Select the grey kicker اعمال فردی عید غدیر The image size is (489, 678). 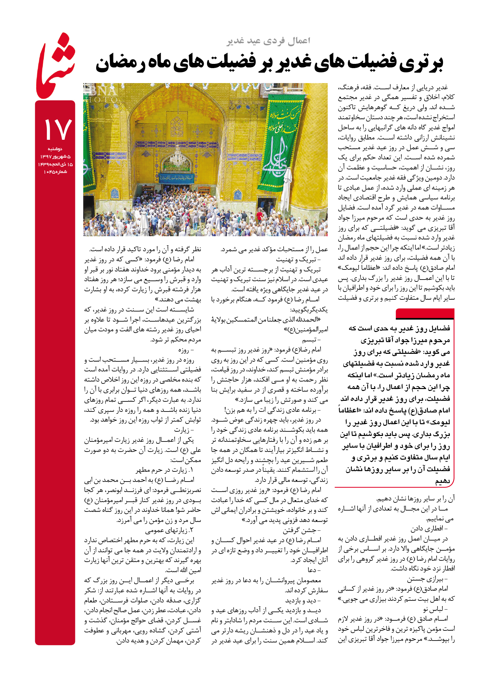tap(268, 41)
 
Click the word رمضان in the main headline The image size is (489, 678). tap(120, 63)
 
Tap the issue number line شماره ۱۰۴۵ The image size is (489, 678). tap(55, 172)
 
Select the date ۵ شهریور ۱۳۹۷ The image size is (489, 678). tap(55, 157)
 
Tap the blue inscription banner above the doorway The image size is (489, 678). tap(176, 178)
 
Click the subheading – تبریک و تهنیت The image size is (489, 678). tap(298, 259)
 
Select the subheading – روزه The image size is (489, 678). tap(186, 350)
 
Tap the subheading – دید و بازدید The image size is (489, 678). tap(303, 600)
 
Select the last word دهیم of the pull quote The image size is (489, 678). tap(442, 481)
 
